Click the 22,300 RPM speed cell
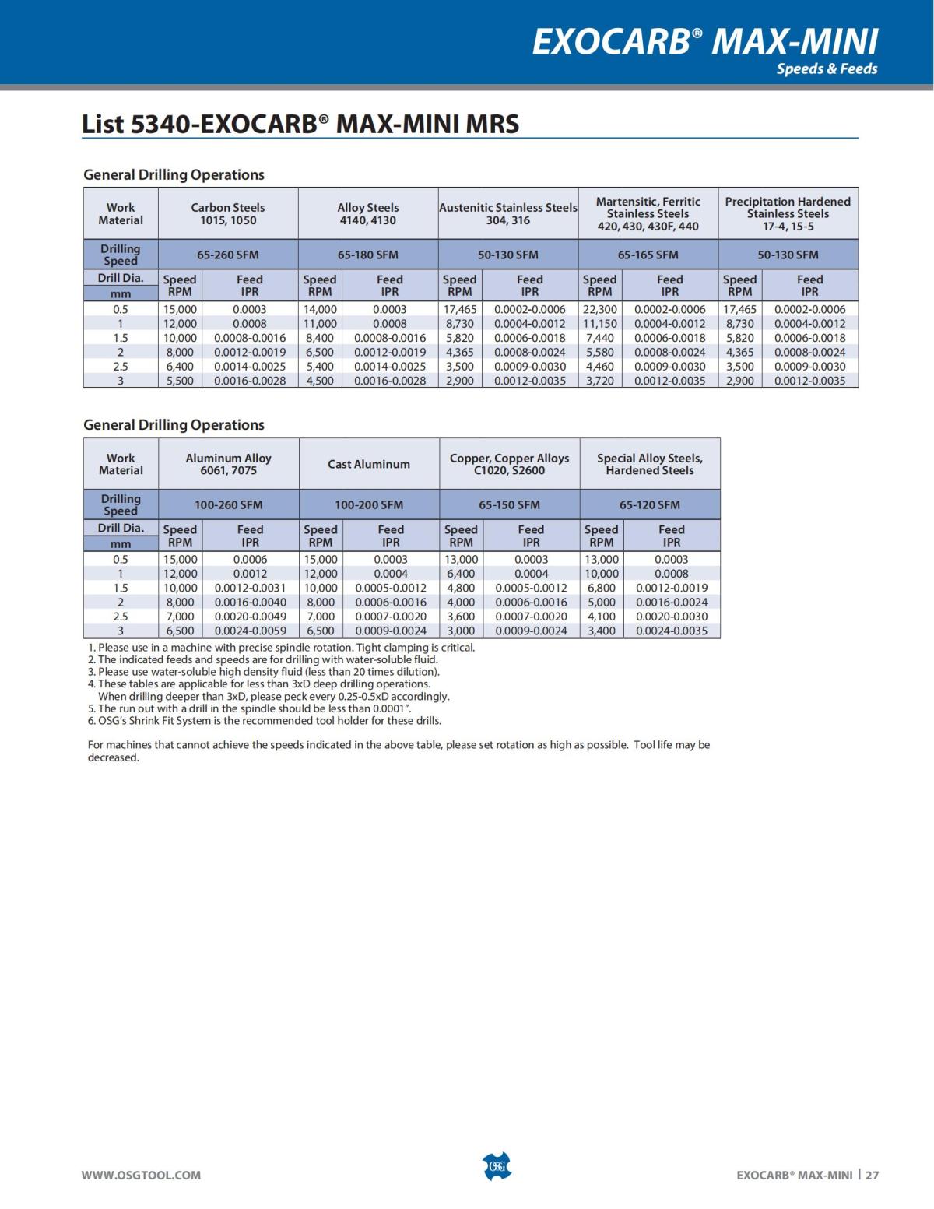pyautogui.click(x=599, y=309)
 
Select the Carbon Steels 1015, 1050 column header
pyautogui.click(x=227, y=213)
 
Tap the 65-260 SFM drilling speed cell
pyautogui.click(x=227, y=255)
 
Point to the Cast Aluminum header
pyautogui.click(x=368, y=464)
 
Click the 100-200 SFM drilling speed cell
pyautogui.click(x=368, y=504)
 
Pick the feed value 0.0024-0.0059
pyautogui.click(x=250, y=631)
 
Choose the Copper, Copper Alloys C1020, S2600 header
pyautogui.click(x=509, y=464)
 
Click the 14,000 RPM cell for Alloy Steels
pyautogui.click(x=320, y=309)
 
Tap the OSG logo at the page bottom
pyautogui.click(x=497, y=1166)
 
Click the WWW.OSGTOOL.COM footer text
pyautogui.click(x=141, y=1175)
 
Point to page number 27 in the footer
pyautogui.click(x=872, y=1175)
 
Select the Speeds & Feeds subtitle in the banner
pyautogui.click(x=827, y=69)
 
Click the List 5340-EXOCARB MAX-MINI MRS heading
pyautogui.click(x=300, y=124)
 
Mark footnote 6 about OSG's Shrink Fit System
pyautogui.click(x=265, y=721)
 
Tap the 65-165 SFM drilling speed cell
pyautogui.click(x=648, y=255)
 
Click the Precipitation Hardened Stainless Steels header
pyautogui.click(x=788, y=213)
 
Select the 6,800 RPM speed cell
pyautogui.click(x=601, y=588)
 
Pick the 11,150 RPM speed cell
pyautogui.click(x=599, y=323)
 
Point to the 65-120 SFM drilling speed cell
pyautogui.click(x=649, y=504)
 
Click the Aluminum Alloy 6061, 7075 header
pyautogui.click(x=228, y=464)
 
